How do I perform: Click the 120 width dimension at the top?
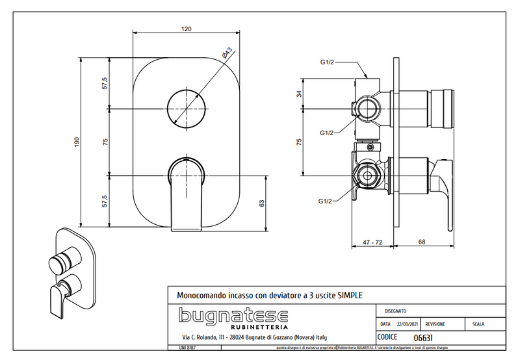click(x=187, y=29)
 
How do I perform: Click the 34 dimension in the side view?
click(x=298, y=94)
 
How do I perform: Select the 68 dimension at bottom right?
click(x=421, y=242)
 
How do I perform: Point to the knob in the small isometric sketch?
click(x=61, y=263)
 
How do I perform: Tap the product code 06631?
click(x=424, y=337)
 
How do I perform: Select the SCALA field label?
click(x=477, y=323)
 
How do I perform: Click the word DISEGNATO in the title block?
click(x=396, y=311)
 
